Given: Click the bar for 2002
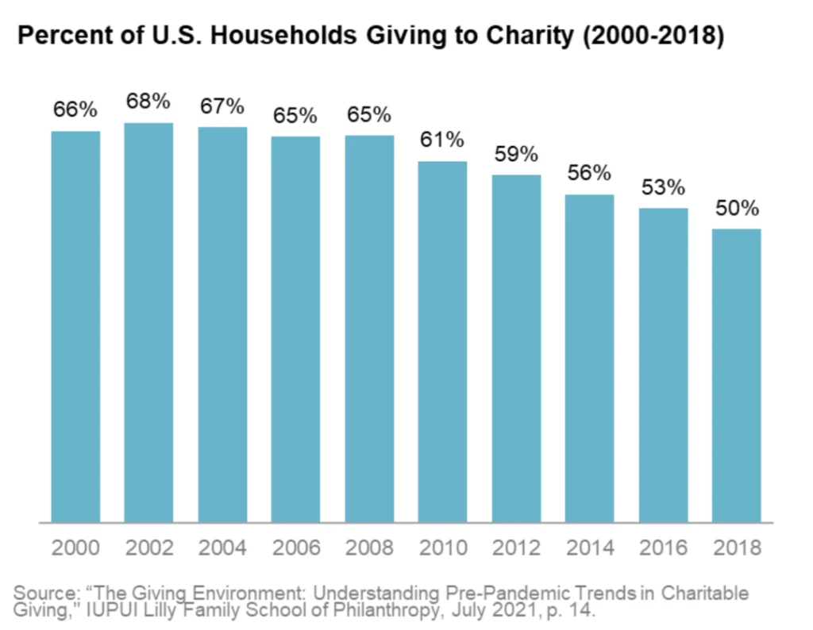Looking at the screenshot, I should click(148, 322).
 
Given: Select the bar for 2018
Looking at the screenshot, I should click(736, 375).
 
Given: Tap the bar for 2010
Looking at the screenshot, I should click(442, 342).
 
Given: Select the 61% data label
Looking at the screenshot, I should click(442, 140).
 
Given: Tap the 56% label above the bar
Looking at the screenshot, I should click(589, 172).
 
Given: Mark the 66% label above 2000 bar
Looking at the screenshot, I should click(75, 109).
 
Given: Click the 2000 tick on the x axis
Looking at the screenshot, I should click(75, 547).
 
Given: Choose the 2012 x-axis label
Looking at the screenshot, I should click(516, 547).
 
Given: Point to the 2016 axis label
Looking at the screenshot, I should click(663, 547).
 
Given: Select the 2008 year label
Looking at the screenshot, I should click(369, 547).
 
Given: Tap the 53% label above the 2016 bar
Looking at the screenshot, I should click(663, 187).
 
